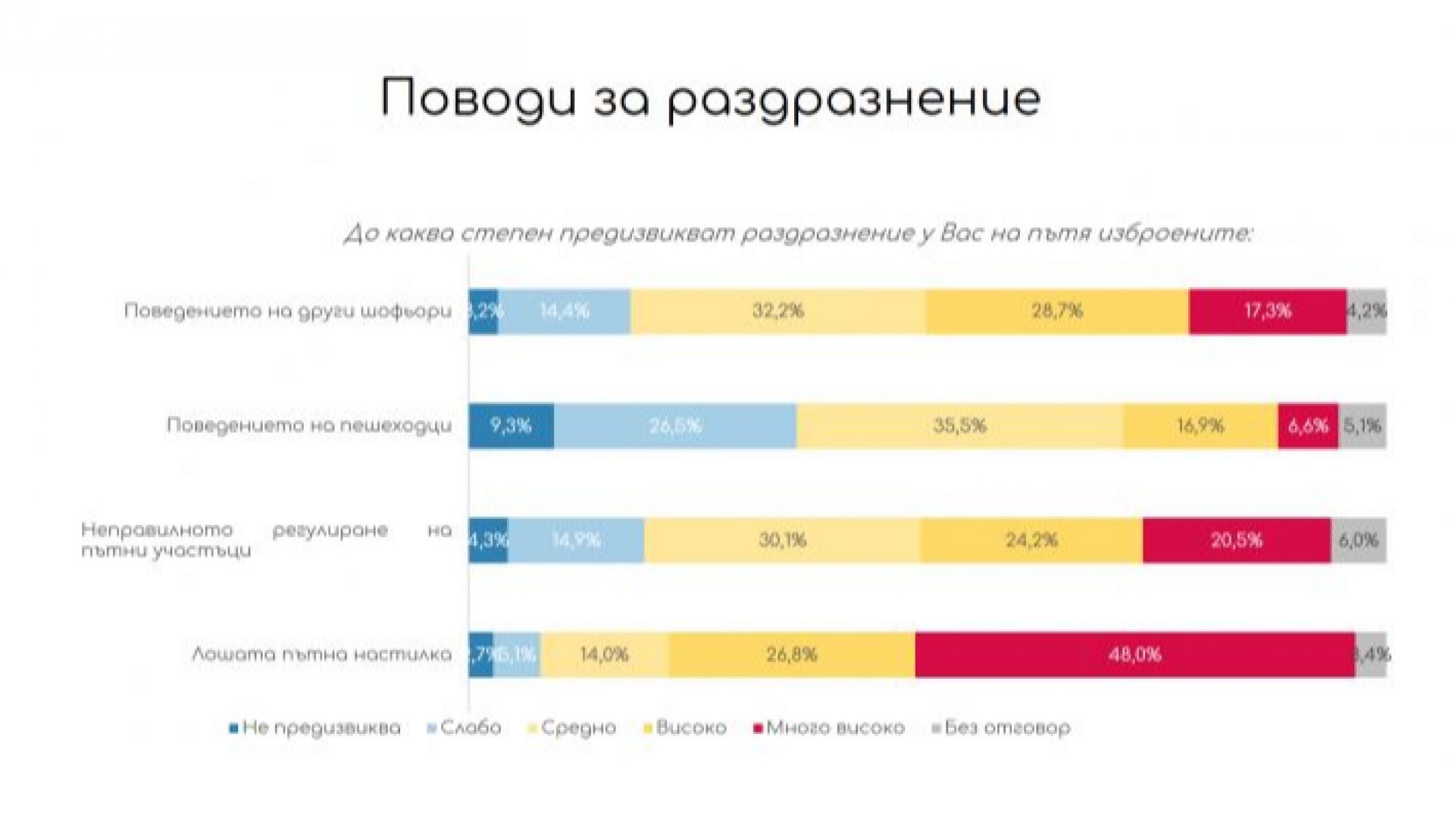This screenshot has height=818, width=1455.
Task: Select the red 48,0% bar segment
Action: click(x=1134, y=654)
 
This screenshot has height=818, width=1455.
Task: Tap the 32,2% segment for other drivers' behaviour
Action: click(x=778, y=311)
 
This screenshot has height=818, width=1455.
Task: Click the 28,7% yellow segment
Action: click(x=1057, y=311)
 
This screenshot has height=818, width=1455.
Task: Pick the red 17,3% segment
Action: click(x=1267, y=311)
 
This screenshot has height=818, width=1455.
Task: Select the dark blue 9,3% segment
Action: click(x=511, y=426)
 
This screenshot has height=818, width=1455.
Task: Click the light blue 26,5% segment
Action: click(x=674, y=426)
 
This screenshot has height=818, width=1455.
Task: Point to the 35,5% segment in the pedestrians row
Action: click(x=959, y=426)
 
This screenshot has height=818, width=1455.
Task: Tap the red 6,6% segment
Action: click(x=1308, y=426)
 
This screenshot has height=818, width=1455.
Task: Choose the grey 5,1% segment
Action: click(x=1363, y=426)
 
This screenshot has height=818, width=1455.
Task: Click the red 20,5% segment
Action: click(x=1237, y=540)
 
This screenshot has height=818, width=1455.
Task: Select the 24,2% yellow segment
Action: click(x=1031, y=540)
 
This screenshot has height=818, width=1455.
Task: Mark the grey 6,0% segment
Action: click(x=1359, y=540)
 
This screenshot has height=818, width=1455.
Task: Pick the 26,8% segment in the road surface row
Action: click(x=792, y=654)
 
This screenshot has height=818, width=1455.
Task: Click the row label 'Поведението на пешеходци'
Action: click(x=309, y=426)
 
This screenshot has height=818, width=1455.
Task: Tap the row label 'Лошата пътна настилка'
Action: click(x=321, y=654)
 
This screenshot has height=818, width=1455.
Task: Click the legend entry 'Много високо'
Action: click(x=835, y=728)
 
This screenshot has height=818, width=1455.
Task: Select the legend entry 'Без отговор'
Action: click(x=1006, y=728)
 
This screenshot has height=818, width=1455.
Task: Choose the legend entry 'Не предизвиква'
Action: click(x=321, y=728)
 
